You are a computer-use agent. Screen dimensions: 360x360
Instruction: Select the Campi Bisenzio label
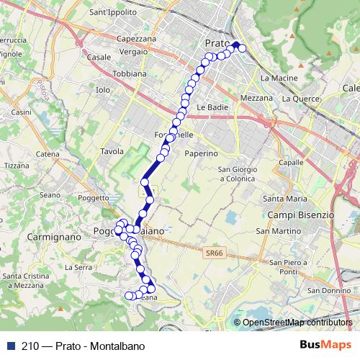click(300, 215)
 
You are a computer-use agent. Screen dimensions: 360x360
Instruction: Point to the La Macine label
click(274, 77)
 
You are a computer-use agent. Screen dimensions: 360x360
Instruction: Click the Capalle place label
click(290, 163)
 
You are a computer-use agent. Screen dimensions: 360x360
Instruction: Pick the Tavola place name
click(112, 151)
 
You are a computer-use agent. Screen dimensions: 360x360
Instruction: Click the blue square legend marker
click(9, 345)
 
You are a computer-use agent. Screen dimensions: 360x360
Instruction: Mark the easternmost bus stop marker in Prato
click(243, 48)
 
